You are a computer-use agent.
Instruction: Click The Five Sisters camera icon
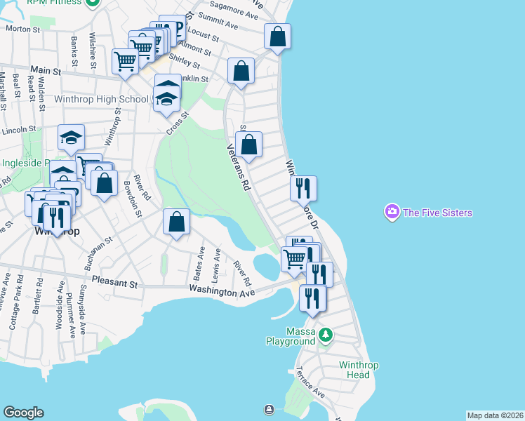coord(392,211)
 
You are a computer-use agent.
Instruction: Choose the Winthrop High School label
coord(102,100)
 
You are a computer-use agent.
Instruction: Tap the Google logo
coord(23,413)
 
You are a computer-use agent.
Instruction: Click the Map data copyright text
coord(495,415)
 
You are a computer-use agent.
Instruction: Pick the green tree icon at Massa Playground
coord(324,335)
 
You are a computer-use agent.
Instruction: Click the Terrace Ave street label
coord(309,382)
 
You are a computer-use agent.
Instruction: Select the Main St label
coord(46,71)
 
